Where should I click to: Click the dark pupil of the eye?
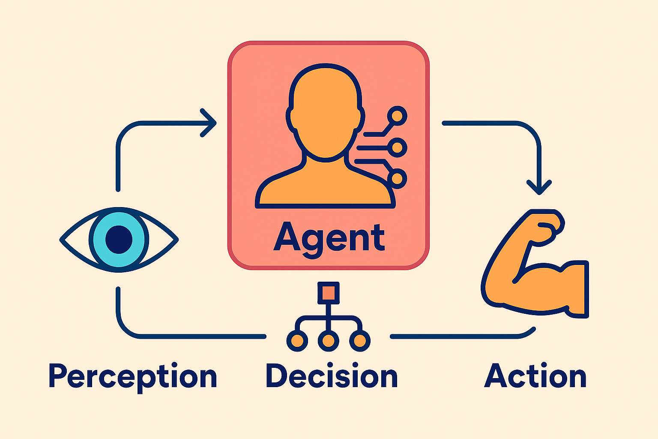click(119, 240)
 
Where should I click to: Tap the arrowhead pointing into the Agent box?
click(209, 123)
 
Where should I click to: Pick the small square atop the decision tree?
click(329, 293)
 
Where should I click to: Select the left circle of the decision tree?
click(297, 341)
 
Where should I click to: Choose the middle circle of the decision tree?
click(329, 341)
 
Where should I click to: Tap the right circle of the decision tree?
click(360, 341)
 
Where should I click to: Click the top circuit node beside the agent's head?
click(397, 116)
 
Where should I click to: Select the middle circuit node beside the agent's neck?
click(397, 147)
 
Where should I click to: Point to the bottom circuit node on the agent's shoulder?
click(397, 178)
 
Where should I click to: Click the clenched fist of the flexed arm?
click(546, 227)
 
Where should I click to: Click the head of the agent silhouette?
click(326, 112)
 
